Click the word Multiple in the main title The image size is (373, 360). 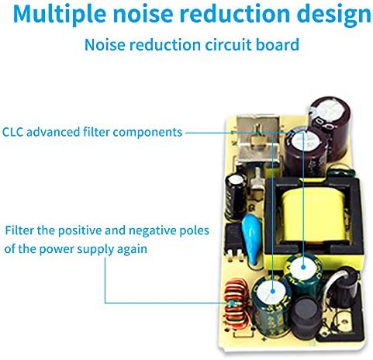tap(60, 13)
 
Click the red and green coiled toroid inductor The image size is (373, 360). tap(236, 304)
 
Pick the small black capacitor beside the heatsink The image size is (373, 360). tap(236, 196)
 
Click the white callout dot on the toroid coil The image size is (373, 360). tap(233, 303)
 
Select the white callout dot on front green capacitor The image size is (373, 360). tap(273, 292)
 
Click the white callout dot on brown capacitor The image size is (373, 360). tap(303, 134)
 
